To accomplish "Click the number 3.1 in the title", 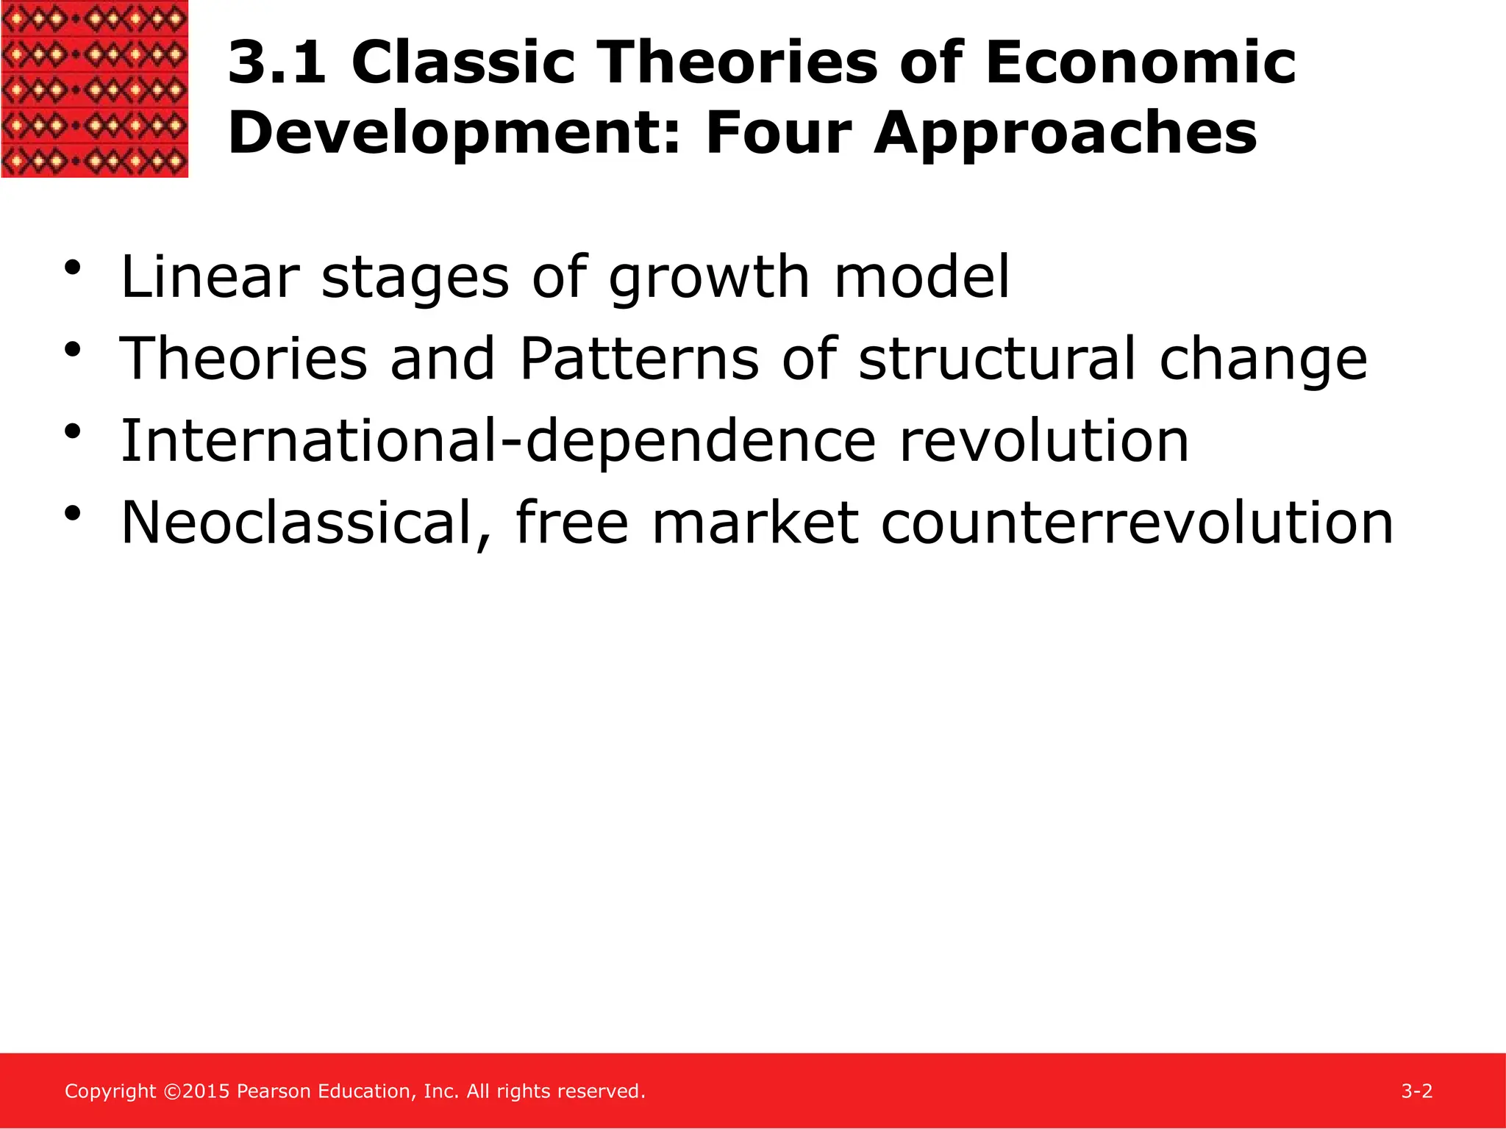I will click(x=277, y=63).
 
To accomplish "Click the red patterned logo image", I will click(x=94, y=88).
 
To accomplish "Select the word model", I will click(x=922, y=277).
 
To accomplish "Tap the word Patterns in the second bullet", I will click(x=639, y=359).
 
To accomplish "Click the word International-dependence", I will click(x=498, y=441).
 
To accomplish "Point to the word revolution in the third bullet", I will click(x=1043, y=441).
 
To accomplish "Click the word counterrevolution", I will click(x=1136, y=523).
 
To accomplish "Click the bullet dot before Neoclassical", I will click(x=72, y=514).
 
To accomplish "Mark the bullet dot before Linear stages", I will click(x=72, y=268).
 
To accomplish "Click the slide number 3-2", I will click(x=1416, y=1091).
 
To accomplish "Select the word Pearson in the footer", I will click(x=274, y=1092).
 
